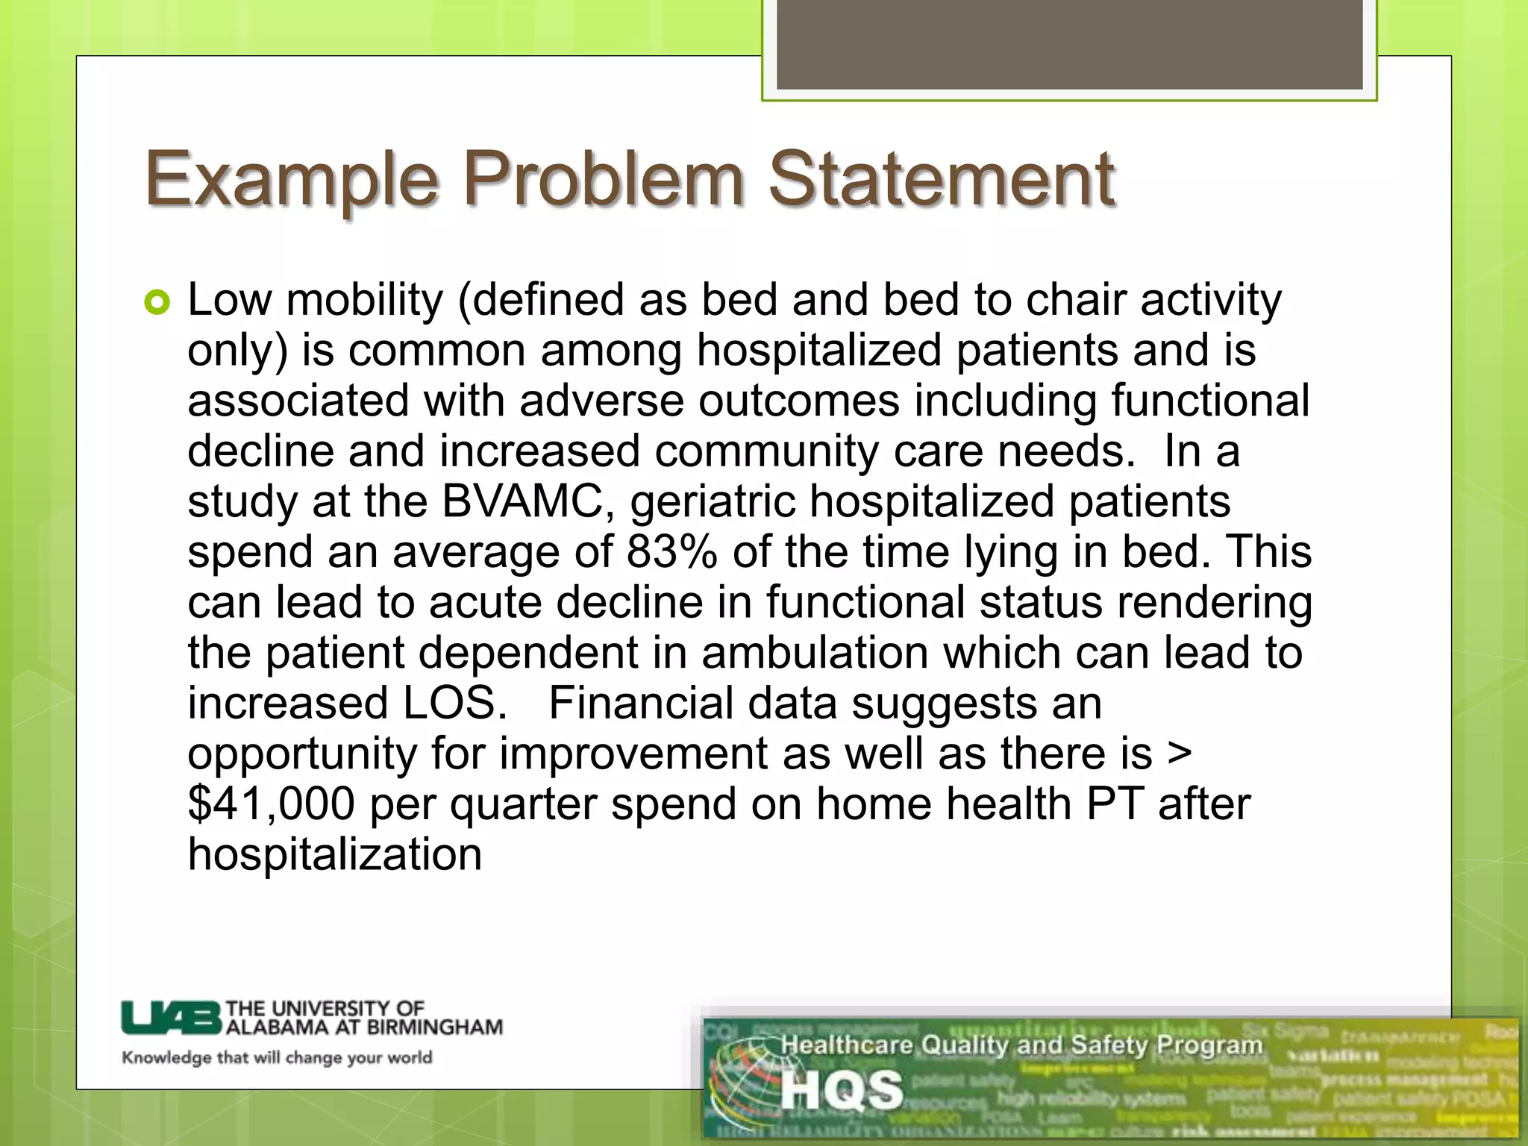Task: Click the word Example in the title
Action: (291, 179)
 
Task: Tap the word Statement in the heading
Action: (942, 179)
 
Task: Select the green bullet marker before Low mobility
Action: (157, 302)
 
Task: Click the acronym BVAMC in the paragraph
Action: (522, 501)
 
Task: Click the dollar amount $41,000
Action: (271, 804)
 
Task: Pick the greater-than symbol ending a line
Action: (1179, 754)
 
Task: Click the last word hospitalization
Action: (335, 854)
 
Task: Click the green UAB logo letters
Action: (172, 1018)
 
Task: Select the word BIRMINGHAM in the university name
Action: (435, 1027)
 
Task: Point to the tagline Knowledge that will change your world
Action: (277, 1057)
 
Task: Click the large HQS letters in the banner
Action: (842, 1090)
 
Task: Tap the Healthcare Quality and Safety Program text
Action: (1021, 1045)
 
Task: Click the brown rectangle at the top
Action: (1070, 45)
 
